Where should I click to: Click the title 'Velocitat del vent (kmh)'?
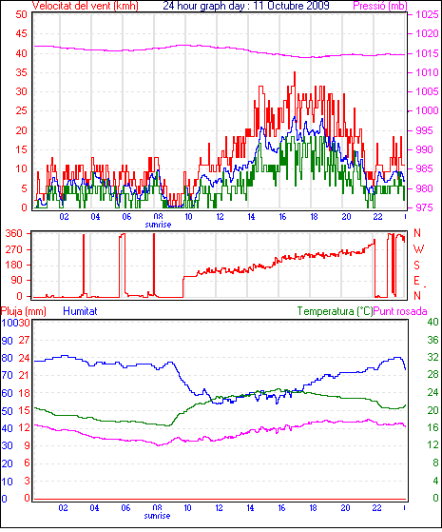pyautogui.click(x=86, y=6)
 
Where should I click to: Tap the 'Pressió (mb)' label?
pyautogui.click(x=380, y=6)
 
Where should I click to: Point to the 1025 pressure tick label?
pyautogui.click(x=427, y=14)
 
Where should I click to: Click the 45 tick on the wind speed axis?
pyautogui.click(x=21, y=33)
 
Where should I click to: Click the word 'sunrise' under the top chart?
pyautogui.click(x=158, y=225)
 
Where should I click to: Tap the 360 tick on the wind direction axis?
pyautogui.click(x=14, y=233)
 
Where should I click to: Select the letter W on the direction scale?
pyautogui.click(x=418, y=249)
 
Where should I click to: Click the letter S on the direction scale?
pyautogui.click(x=417, y=265)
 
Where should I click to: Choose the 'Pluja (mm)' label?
pyautogui.click(x=24, y=311)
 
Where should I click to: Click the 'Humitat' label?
pyautogui.click(x=81, y=311)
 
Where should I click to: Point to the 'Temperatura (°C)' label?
pyautogui.click(x=335, y=311)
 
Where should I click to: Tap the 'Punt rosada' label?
pyautogui.click(x=400, y=311)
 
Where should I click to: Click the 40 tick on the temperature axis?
pyautogui.click(x=432, y=322)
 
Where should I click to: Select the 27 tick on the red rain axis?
pyautogui.click(x=24, y=340)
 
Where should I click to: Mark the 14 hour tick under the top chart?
pyautogui.click(x=251, y=216)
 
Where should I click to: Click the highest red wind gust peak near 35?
pyautogui.click(x=295, y=72)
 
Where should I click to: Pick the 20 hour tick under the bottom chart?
pyautogui.click(x=345, y=508)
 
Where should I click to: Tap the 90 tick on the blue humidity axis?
pyautogui.click(x=7, y=341)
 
